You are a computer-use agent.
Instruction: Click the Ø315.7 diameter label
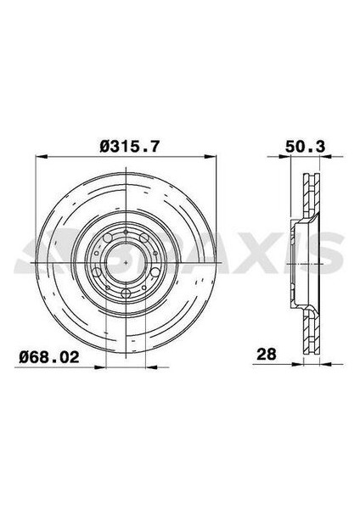tap(128, 147)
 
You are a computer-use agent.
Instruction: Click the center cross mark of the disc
tap(126, 263)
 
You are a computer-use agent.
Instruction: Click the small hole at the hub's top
tap(126, 232)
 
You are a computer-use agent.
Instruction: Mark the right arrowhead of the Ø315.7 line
tap(216, 159)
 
